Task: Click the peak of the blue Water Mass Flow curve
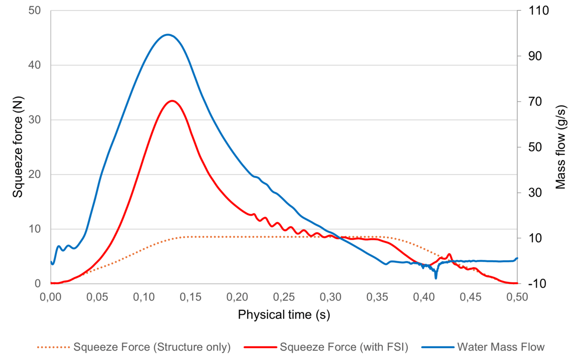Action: click(168, 35)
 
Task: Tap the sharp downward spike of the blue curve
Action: click(436, 278)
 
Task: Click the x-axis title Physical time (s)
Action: click(284, 314)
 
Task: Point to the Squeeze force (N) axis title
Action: click(18, 147)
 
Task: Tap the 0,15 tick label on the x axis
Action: click(190, 297)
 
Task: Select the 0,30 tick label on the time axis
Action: click(330, 297)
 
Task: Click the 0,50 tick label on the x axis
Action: click(517, 297)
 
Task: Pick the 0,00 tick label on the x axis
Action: click(51, 297)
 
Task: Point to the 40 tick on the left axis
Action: click(34, 65)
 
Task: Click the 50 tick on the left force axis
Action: click(34, 11)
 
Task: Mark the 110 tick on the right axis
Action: click(538, 11)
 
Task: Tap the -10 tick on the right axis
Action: click(537, 284)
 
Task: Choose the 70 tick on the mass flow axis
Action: click(535, 102)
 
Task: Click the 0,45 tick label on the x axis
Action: click(470, 297)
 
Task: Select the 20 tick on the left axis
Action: click(34, 175)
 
